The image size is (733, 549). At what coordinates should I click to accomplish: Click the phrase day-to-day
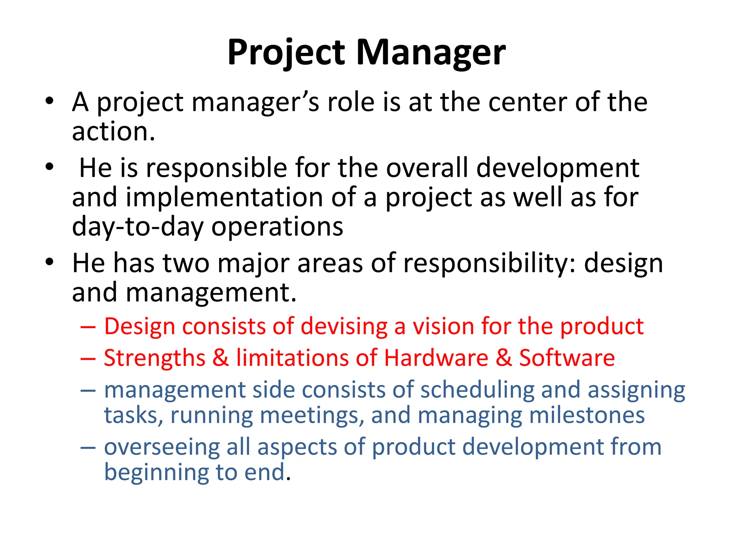point(138,227)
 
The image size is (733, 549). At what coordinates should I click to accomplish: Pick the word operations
point(277,227)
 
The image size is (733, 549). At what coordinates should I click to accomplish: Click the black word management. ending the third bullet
point(211,292)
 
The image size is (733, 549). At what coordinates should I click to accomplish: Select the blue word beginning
point(156,473)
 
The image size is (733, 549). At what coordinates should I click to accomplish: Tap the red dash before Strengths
point(88,358)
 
